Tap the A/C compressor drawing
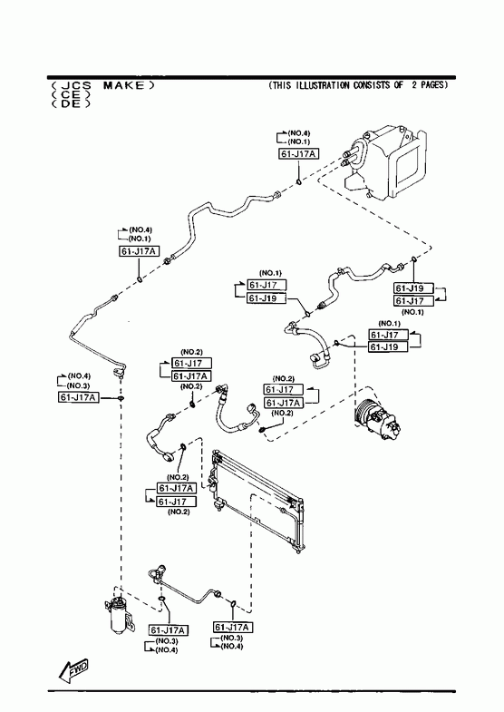point(377,417)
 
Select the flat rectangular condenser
point(257,500)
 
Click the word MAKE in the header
point(124,85)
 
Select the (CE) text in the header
point(71,94)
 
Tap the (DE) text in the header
point(71,103)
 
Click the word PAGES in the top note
point(433,85)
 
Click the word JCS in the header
point(76,85)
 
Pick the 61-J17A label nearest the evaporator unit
point(298,154)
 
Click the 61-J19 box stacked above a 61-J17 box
point(413,288)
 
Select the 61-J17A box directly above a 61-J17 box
point(176,488)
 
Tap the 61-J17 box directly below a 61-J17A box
point(176,502)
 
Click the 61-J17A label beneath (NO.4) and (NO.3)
point(79,397)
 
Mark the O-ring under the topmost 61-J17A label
point(299,182)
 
